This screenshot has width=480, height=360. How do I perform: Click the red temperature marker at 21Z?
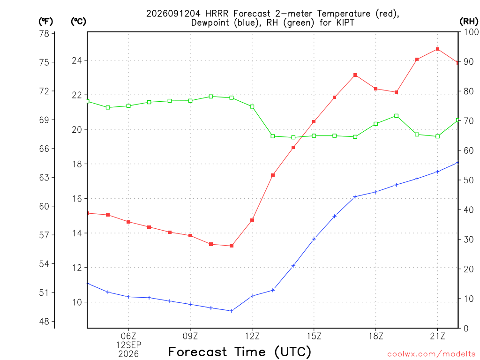click(x=437, y=49)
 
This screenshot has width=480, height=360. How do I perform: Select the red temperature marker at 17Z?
click(x=355, y=75)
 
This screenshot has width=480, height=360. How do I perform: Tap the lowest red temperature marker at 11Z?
click(x=232, y=246)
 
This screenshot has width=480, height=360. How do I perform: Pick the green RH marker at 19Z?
click(x=397, y=116)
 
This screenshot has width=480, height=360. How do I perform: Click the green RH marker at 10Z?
click(x=211, y=97)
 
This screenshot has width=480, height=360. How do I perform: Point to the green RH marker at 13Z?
click(x=273, y=136)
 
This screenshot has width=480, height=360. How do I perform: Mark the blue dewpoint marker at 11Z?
click(x=232, y=311)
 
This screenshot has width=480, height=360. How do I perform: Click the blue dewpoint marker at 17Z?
click(x=355, y=196)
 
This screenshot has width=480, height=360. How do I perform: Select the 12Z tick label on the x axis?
click(x=252, y=336)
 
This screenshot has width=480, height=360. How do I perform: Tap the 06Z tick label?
click(x=128, y=336)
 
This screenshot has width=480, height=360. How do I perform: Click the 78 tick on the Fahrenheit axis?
click(x=45, y=33)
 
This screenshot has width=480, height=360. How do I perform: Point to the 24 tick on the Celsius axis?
click(x=77, y=60)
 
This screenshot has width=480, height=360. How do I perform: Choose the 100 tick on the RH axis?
click(x=471, y=32)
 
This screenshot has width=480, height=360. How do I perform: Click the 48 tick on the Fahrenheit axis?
click(x=45, y=322)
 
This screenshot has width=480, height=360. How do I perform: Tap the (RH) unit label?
click(x=469, y=22)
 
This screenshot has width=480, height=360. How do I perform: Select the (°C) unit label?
click(x=78, y=22)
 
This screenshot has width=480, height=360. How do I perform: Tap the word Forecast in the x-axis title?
click(x=197, y=352)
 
